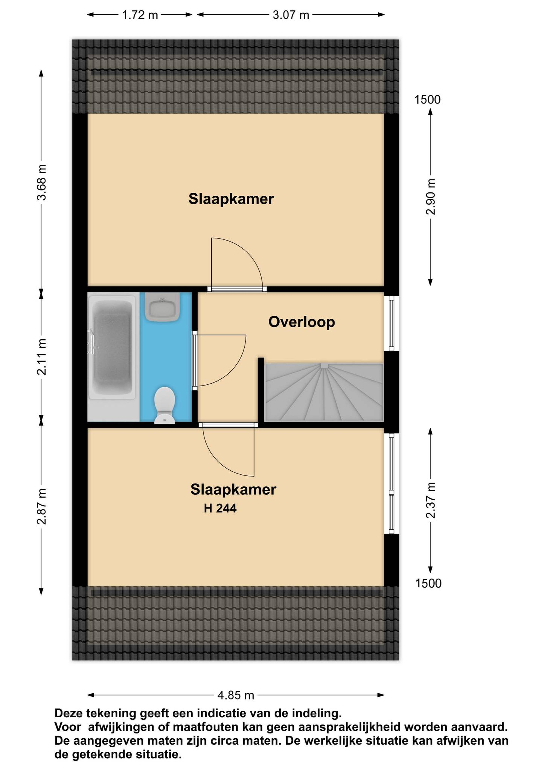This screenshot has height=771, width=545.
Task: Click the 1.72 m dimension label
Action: (x=140, y=15)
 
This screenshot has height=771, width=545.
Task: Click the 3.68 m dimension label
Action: (x=42, y=182)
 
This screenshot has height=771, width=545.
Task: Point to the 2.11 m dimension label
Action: (x=42, y=357)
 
